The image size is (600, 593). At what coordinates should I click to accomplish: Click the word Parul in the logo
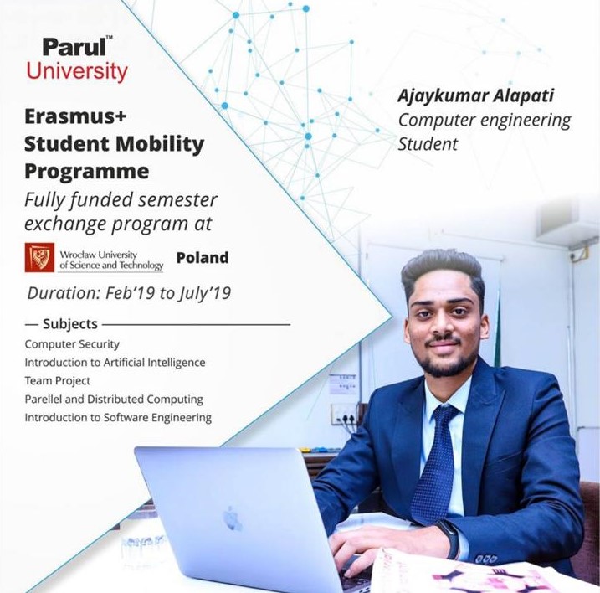[74, 47]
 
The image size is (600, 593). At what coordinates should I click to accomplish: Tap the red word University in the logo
[77, 72]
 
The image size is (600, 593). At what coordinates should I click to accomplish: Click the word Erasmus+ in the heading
[75, 116]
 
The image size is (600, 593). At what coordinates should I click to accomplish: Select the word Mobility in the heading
[160, 144]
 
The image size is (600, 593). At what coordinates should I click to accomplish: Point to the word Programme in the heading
[87, 171]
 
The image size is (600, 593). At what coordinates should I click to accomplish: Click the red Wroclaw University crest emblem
[39, 257]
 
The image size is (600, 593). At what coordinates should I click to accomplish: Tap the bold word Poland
[203, 258]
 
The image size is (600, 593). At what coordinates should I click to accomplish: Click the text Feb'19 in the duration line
[130, 293]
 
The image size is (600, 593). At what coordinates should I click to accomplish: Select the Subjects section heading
[70, 324]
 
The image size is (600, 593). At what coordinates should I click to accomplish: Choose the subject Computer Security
[72, 344]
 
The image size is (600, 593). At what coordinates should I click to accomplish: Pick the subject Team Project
[58, 381]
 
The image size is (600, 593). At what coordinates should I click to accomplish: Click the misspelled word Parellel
[44, 400]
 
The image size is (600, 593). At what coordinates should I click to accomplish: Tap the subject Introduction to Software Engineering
[118, 418]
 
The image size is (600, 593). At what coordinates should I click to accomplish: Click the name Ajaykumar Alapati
[475, 95]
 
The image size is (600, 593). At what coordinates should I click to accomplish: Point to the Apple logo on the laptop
[232, 518]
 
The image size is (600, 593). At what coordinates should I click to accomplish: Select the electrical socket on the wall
[343, 414]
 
